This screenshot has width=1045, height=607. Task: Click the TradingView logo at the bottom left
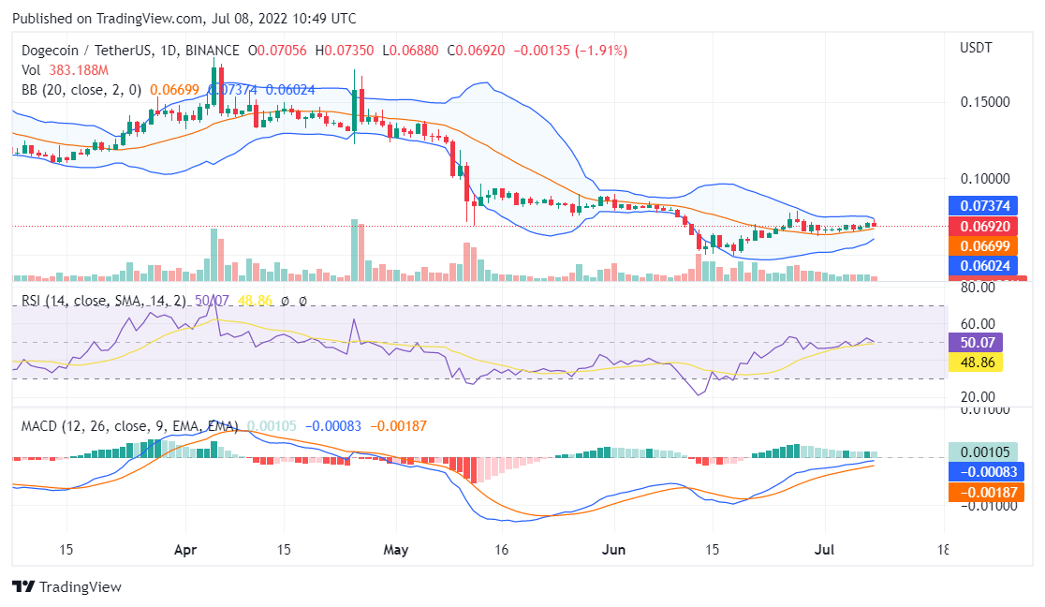click(x=66, y=587)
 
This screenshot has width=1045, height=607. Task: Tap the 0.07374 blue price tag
click(x=982, y=205)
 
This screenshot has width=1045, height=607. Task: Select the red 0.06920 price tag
click(x=982, y=227)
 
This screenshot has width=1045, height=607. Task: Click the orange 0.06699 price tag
click(x=982, y=245)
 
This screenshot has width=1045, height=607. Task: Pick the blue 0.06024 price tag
click(x=982, y=266)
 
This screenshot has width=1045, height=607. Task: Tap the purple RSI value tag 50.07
click(x=976, y=343)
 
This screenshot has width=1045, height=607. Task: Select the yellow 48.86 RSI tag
click(x=976, y=362)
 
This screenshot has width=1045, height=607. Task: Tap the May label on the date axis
click(x=398, y=550)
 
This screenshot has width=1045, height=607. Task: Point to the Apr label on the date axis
click(x=185, y=550)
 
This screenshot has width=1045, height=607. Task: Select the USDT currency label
click(x=976, y=47)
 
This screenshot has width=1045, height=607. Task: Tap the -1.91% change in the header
click(x=602, y=50)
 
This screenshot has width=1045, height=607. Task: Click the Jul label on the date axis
click(x=825, y=550)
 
